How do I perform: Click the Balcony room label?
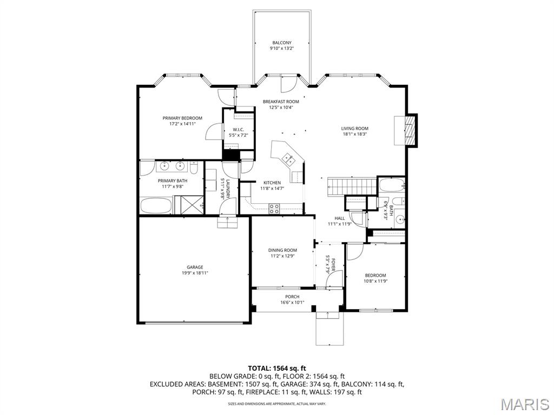click(x=281, y=43)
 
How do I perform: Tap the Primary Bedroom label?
click(x=182, y=118)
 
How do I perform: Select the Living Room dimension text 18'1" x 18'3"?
click(x=354, y=134)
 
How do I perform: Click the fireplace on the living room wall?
click(x=412, y=130)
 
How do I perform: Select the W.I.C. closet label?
click(x=238, y=129)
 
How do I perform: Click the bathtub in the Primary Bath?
click(x=155, y=205)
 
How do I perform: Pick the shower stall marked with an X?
click(x=192, y=205)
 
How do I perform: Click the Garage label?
click(x=195, y=267)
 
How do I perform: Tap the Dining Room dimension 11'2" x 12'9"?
click(x=282, y=256)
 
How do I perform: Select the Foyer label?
click(x=334, y=265)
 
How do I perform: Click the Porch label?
click(x=292, y=297)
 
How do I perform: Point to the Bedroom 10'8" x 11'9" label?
click(x=375, y=275)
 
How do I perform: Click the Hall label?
click(x=339, y=218)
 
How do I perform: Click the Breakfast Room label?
click(x=281, y=102)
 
